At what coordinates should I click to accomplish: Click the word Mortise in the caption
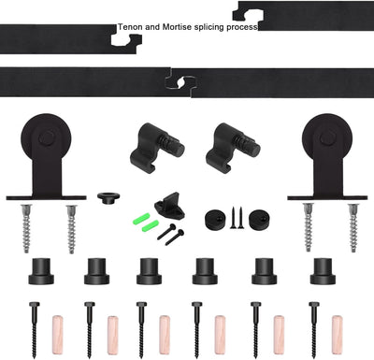pyautogui.click(x=177, y=27)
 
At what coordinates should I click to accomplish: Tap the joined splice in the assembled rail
pyautogui.click(x=180, y=82)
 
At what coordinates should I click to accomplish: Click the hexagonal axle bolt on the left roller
pyautogui.click(x=47, y=137)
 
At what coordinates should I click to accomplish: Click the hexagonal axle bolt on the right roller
pyautogui.click(x=327, y=137)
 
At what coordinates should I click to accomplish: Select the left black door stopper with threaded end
pyautogui.click(x=156, y=147)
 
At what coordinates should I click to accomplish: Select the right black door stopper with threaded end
pyautogui.click(x=233, y=147)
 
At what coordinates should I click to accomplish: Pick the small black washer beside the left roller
pyautogui.click(x=108, y=198)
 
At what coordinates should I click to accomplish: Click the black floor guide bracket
pyautogui.click(x=169, y=206)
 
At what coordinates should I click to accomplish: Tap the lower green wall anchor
pyautogui.click(x=151, y=225)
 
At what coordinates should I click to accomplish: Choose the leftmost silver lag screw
pyautogui.click(x=26, y=228)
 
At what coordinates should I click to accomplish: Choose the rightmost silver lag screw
pyautogui.click(x=353, y=227)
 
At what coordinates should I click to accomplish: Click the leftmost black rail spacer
pyautogui.click(x=41, y=271)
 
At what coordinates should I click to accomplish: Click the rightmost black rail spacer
pyautogui.click(x=323, y=271)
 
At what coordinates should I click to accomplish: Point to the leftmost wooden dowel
pyautogui.click(x=57, y=335)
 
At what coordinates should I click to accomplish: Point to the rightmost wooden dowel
pyautogui.click(x=337, y=335)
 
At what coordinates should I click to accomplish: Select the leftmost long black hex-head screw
pyautogui.click(x=34, y=330)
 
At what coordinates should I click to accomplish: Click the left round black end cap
pyautogui.click(x=215, y=219)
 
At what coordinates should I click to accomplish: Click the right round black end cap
pyautogui.click(x=260, y=219)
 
